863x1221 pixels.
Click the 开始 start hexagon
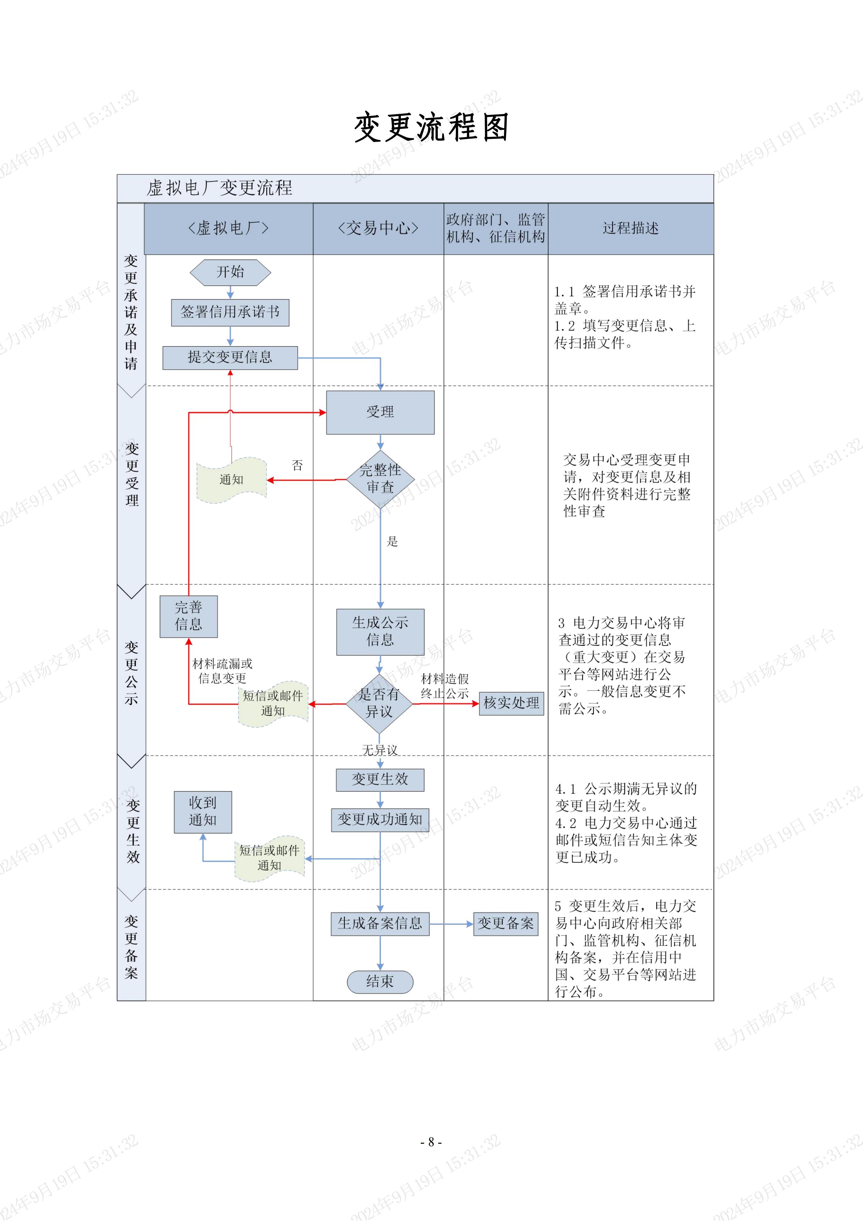(230, 272)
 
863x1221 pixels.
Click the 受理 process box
(380, 412)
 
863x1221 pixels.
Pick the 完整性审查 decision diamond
(380, 479)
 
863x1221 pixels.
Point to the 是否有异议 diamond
(379, 703)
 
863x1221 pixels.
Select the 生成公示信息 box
(380, 631)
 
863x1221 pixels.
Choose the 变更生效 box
(380, 780)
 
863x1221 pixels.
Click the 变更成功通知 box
(380, 819)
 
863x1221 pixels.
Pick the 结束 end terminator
(380, 982)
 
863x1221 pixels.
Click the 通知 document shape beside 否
(231, 480)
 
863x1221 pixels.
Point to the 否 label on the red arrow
(297, 465)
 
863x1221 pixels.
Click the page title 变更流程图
(431, 128)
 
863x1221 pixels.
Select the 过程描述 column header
(631, 228)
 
